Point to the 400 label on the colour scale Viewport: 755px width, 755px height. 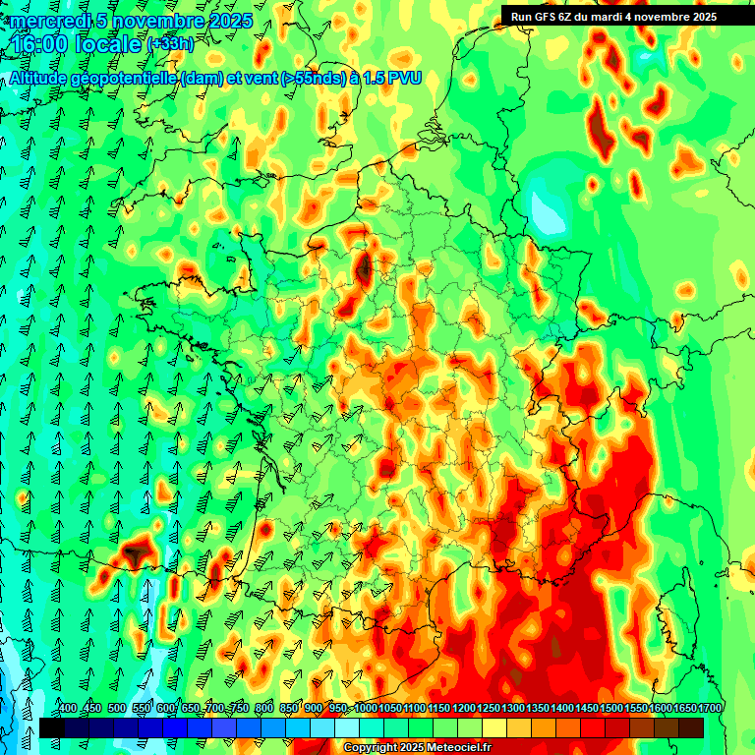pos(67,709)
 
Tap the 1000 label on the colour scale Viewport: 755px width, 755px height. pos(366,709)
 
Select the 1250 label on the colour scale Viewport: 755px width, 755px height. pos(488,709)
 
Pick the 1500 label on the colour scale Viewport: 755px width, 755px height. pos(611,709)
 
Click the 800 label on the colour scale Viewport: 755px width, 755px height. pos(263,709)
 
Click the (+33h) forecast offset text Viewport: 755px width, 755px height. pos(170,44)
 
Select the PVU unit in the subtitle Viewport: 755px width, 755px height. pos(403,78)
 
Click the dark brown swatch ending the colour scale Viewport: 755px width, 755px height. pos(691,727)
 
